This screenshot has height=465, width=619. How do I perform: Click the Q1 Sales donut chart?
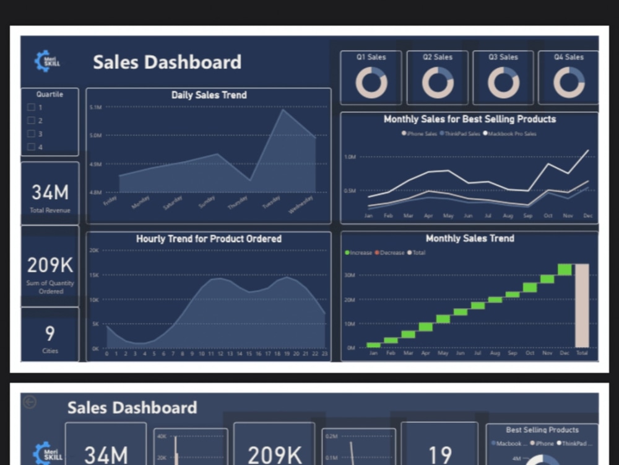[371, 82]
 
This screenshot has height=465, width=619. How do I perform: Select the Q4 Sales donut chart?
[568, 82]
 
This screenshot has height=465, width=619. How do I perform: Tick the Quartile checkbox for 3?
[31, 134]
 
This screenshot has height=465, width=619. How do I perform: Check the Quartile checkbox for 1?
[31, 107]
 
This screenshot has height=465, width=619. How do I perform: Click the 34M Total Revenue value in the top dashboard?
[50, 193]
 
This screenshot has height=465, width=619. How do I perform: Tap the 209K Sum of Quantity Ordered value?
[50, 265]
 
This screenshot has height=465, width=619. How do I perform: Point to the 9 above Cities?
[50, 334]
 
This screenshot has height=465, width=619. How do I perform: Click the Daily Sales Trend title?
[209, 95]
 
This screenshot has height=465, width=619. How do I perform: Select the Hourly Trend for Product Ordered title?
[209, 239]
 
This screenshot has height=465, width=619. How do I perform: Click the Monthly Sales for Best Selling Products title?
[469, 119]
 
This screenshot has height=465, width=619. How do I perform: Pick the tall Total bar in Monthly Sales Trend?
[582, 305]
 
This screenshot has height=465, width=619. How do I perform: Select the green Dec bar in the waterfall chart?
[565, 269]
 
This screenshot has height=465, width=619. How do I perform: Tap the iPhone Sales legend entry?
[421, 134]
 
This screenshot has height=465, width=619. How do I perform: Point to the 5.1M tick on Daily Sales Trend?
[95, 107]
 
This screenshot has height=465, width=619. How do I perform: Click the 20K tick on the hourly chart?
[94, 250]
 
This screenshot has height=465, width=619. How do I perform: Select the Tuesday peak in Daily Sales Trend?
[283, 110]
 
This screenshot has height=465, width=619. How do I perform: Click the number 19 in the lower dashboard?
[439, 454]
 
